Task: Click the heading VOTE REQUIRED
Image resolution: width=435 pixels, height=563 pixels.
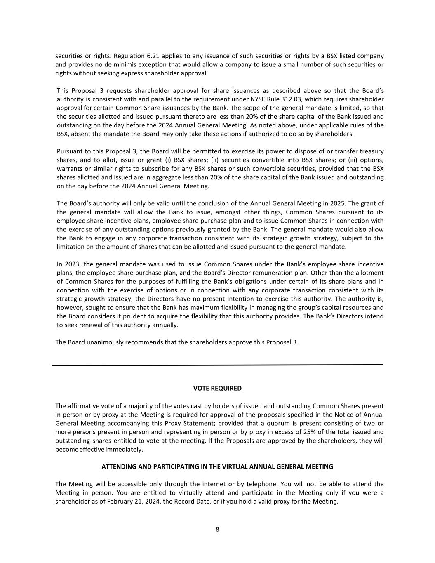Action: (217, 389)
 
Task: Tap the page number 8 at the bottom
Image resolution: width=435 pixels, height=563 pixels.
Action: (217, 530)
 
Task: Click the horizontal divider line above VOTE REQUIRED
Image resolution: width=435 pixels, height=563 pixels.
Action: (217, 365)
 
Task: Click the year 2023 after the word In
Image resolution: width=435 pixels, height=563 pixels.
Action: (72, 264)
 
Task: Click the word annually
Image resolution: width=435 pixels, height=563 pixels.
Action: (165, 325)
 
